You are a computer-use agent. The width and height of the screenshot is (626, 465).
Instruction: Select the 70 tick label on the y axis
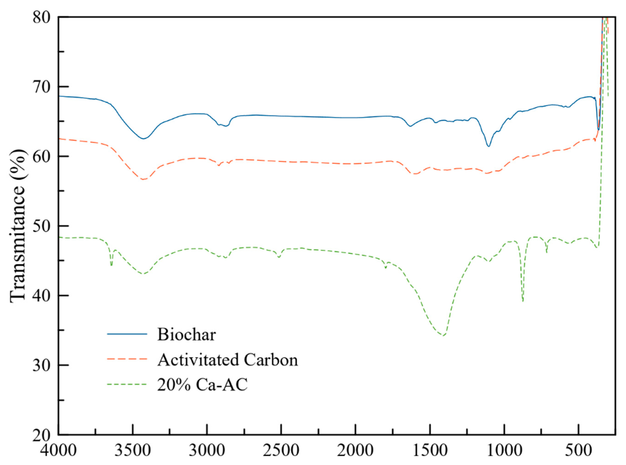(x=42, y=87)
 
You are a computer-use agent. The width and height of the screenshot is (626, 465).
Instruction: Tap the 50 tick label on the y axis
(x=42, y=226)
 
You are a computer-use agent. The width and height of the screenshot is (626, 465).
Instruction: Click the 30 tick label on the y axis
(x=42, y=365)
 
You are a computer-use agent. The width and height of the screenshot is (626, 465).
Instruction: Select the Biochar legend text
(x=186, y=335)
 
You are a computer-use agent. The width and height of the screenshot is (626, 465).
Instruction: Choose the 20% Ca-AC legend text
(x=202, y=385)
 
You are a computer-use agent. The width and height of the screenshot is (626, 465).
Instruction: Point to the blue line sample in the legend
(x=127, y=334)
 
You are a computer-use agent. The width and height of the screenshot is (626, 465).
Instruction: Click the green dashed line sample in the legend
(x=127, y=384)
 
